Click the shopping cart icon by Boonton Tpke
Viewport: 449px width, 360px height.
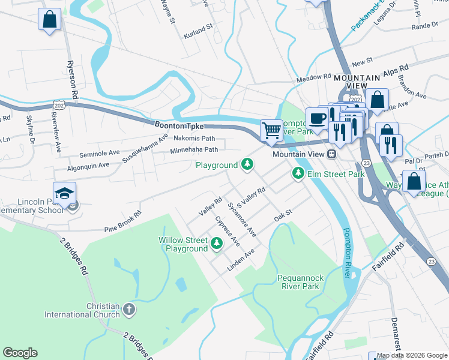coord(272,130)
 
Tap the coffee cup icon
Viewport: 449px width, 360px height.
coord(316,117)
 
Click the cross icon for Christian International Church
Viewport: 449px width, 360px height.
coord(128,310)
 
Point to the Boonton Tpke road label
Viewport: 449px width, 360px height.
coord(177,126)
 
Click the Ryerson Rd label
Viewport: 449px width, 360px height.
coord(73,79)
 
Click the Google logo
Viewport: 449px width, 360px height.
coord(20,353)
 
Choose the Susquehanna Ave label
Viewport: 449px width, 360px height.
coord(145,149)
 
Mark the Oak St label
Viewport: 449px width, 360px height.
coord(283,214)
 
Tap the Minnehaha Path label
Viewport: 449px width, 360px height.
coord(195,150)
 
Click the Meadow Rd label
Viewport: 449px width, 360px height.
coord(313,77)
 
